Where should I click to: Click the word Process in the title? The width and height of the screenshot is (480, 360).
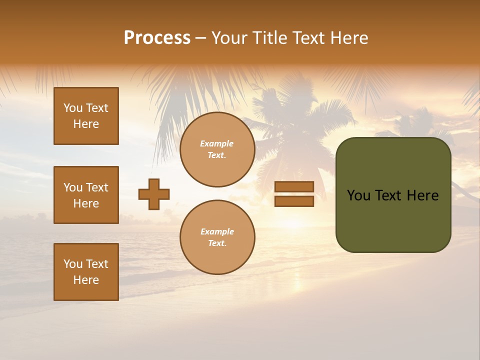[x=157, y=38]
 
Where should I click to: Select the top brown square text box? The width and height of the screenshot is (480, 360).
[x=86, y=116]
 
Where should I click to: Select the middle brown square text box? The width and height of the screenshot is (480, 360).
[x=86, y=195]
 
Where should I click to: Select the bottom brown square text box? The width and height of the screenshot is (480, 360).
[x=86, y=272]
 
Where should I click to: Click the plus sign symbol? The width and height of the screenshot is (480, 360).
[x=154, y=194]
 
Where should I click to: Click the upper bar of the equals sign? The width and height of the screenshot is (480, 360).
[x=294, y=187]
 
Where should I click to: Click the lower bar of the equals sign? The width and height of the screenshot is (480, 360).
[x=294, y=201]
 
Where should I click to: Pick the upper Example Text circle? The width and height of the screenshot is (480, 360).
[x=217, y=149]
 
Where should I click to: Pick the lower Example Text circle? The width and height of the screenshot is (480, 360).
[x=217, y=237]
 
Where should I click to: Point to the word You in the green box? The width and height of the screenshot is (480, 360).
[x=358, y=195]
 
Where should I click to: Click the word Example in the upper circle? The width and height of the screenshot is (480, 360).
[x=217, y=143]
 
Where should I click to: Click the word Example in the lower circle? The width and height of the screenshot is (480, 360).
[x=217, y=231]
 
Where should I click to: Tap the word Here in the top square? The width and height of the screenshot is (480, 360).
[x=86, y=124]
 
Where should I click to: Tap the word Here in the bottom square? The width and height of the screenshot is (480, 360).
[x=86, y=280]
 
